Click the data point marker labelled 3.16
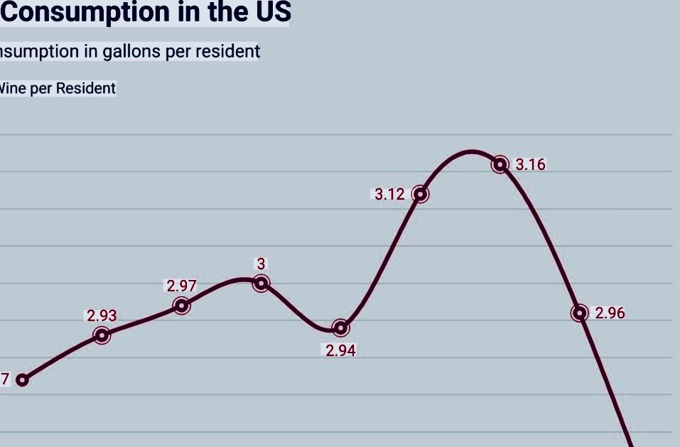pyautogui.click(x=500, y=164)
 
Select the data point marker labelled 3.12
pyautogui.click(x=421, y=193)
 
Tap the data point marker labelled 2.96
pyautogui.click(x=580, y=313)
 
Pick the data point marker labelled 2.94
pyautogui.click(x=341, y=328)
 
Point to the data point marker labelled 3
pyautogui.click(x=261, y=284)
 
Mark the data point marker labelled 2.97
pyautogui.click(x=182, y=306)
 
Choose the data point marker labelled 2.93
pyautogui.click(x=102, y=335)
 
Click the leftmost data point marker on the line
pyautogui.click(x=22, y=379)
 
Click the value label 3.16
pyautogui.click(x=530, y=165)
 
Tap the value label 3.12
pyautogui.click(x=389, y=194)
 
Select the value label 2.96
pyautogui.click(x=610, y=313)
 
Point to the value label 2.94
pyautogui.click(x=340, y=350)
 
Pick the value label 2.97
pyautogui.click(x=181, y=286)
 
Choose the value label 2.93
pyautogui.click(x=102, y=316)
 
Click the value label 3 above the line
pyautogui.click(x=261, y=264)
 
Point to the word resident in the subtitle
pyautogui.click(x=226, y=51)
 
